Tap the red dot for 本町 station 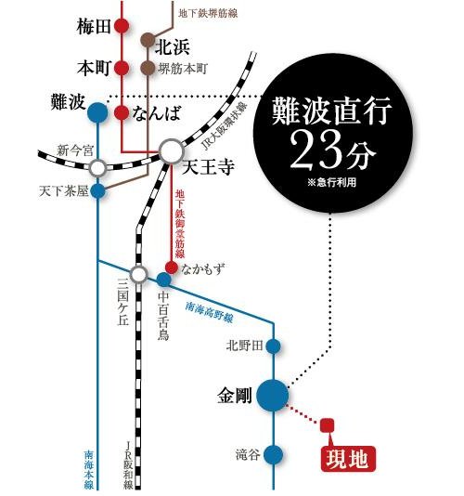pos(122,68)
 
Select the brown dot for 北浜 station pos(148,41)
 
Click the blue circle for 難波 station pos(97,114)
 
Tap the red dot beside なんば pos(122,113)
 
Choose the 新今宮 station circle pos(97,168)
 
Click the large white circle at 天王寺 pos(172,151)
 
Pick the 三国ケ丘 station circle pos(138,274)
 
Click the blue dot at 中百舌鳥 pos(163,279)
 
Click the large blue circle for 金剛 pos(274,395)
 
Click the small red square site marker pos(327,426)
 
